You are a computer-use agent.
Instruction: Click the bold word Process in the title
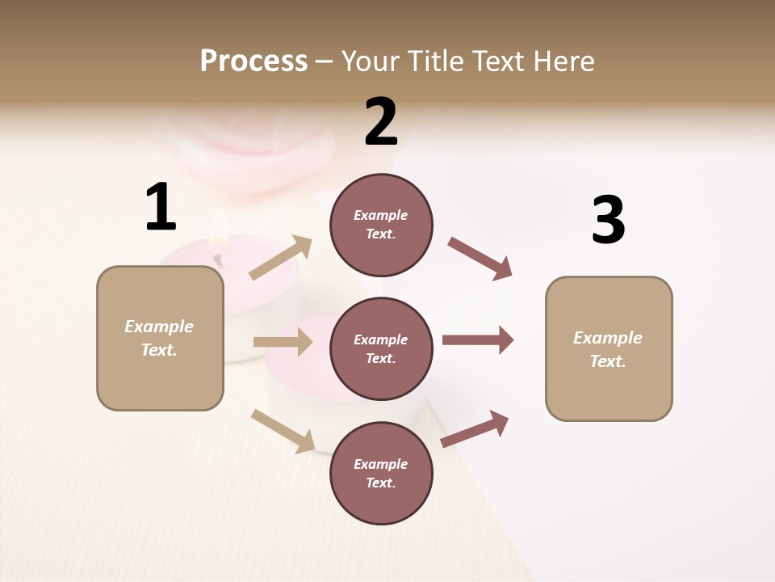tap(253, 61)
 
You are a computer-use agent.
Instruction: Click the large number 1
tap(161, 208)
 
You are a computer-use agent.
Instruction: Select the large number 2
tap(381, 122)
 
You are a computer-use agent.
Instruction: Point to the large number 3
tap(608, 221)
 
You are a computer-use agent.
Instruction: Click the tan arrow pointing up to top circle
tap(281, 258)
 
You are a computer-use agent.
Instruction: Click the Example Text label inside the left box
tap(159, 338)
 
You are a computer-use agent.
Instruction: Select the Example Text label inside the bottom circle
tap(381, 473)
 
